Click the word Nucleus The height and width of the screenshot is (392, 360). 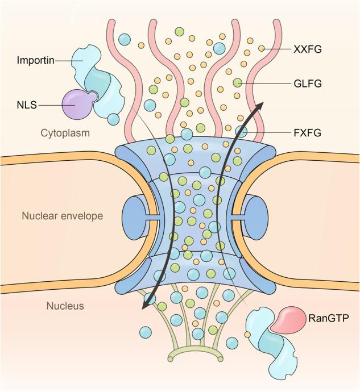(x=65, y=306)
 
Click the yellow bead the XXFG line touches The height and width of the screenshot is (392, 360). (x=262, y=49)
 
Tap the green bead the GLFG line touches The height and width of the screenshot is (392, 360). (x=238, y=84)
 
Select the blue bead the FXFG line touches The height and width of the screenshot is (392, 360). (x=241, y=131)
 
